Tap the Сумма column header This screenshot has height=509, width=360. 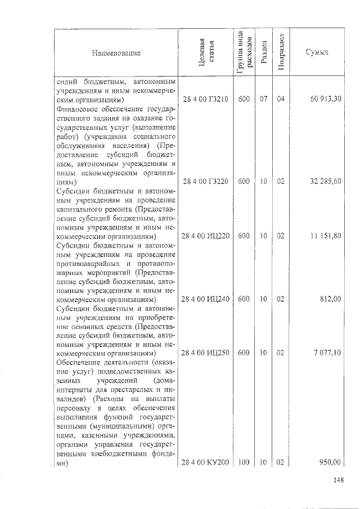[x=317, y=53]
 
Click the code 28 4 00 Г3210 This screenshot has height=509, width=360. [x=205, y=99]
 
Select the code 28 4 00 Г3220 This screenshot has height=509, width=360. [x=205, y=182]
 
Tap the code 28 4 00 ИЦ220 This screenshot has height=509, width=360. [x=206, y=236]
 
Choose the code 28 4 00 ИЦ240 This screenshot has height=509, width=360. [x=206, y=299]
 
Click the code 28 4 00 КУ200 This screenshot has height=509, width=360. [x=206, y=462]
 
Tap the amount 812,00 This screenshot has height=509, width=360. [x=330, y=299]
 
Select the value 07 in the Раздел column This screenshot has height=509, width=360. [x=263, y=99]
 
